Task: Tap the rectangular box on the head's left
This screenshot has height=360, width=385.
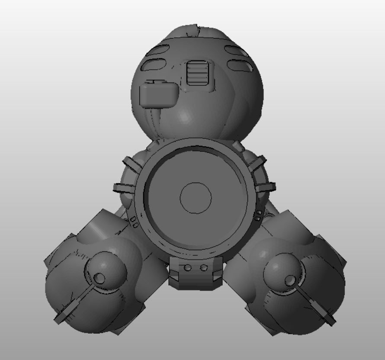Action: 158,95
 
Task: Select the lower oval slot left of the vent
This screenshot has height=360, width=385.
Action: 157,65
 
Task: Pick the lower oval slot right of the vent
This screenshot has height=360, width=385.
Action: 241,65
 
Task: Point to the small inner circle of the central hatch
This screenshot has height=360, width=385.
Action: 196,198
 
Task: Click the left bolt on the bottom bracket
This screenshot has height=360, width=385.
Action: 187,268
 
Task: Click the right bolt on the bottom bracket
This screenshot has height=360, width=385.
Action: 204,268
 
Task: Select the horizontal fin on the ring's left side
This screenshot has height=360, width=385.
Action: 124,187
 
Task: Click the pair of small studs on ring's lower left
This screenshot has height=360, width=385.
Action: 134,224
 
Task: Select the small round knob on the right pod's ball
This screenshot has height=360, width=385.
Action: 289,281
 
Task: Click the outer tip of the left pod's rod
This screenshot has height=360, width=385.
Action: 58,319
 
